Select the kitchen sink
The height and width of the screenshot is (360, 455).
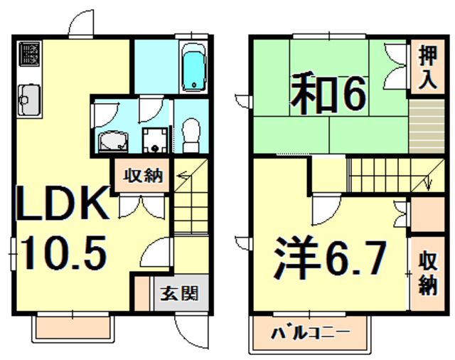tap(28, 97)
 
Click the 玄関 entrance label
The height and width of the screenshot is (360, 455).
tap(178, 293)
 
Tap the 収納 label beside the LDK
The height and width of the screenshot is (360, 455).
tap(140, 175)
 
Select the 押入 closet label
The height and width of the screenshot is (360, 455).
tap(427, 66)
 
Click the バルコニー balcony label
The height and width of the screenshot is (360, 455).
tap(311, 332)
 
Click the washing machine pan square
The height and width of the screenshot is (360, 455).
tap(153, 140)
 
